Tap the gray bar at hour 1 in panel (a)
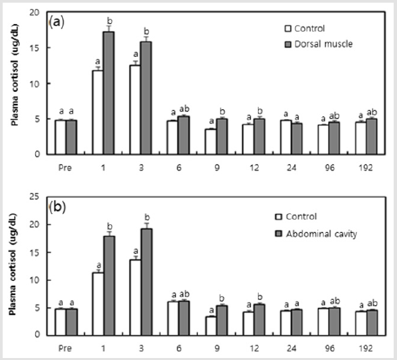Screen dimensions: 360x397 [108, 94]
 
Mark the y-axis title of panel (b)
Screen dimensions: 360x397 [13, 266]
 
